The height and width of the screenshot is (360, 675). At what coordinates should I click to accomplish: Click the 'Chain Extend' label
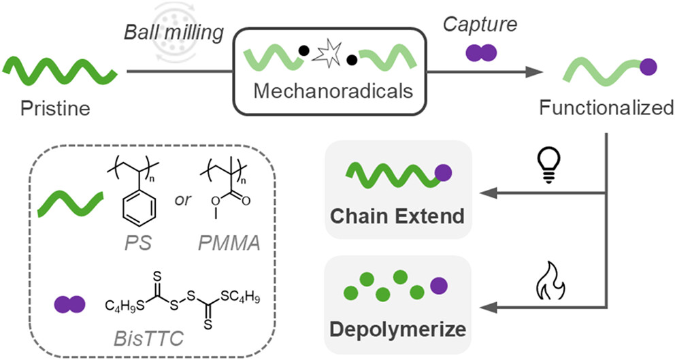pos(397,216)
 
